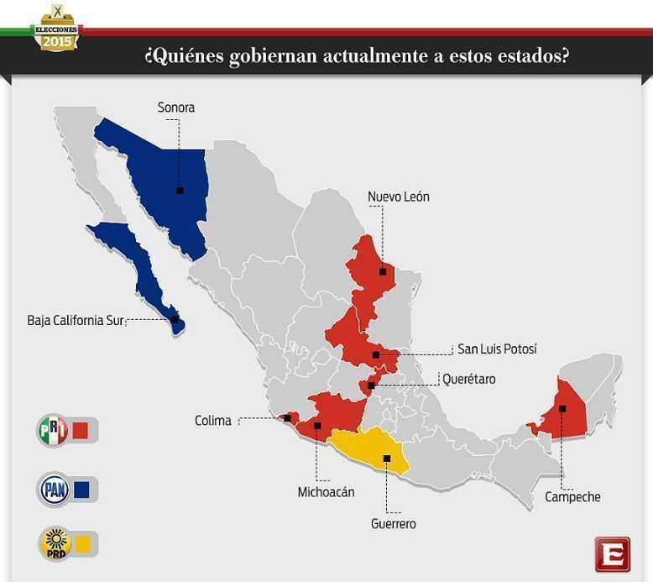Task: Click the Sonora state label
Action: (175, 107)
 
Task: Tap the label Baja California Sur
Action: (76, 321)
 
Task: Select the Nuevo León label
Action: (399, 197)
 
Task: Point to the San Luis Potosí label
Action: (496, 349)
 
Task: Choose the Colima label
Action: (212, 421)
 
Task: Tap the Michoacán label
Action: (326, 492)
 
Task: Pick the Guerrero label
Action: (393, 523)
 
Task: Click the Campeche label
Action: (572, 497)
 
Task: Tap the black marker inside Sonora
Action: (180, 191)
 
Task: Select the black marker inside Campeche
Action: (562, 409)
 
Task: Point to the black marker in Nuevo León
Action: (382, 271)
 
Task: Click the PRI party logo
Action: (53, 431)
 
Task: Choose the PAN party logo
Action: (53, 489)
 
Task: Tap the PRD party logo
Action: (53, 543)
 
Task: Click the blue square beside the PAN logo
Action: (81, 489)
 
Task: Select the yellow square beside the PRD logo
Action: (82, 543)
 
